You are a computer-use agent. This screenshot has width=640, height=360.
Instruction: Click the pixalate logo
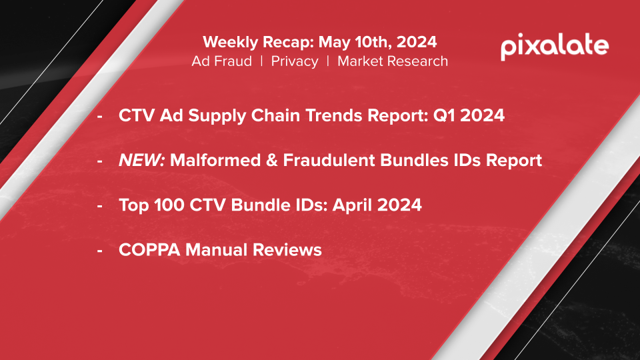coord(555,47)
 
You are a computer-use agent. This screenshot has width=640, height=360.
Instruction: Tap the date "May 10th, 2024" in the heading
coord(377,42)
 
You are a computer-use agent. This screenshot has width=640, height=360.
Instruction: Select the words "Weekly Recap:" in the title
coord(259,42)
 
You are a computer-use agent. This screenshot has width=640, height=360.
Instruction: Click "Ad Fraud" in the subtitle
coord(221,61)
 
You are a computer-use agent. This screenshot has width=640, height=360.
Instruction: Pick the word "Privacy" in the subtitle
coord(295,61)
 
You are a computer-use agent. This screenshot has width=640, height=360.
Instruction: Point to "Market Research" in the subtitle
coord(393,61)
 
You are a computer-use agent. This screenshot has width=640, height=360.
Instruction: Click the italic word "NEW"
coord(141,160)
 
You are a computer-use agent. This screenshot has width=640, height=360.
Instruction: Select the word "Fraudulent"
coord(329,160)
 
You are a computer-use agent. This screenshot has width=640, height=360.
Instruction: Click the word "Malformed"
coord(215,160)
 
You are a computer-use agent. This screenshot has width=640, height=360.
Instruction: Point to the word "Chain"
coord(275,115)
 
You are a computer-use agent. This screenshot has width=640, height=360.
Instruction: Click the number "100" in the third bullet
coord(169,205)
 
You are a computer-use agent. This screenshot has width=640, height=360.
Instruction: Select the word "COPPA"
coord(149,250)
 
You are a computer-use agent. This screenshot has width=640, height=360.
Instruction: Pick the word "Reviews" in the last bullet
coord(287,250)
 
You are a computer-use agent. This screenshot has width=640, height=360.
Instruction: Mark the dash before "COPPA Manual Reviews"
coord(99,251)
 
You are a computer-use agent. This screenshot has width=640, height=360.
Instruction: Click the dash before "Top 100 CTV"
coord(99,206)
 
